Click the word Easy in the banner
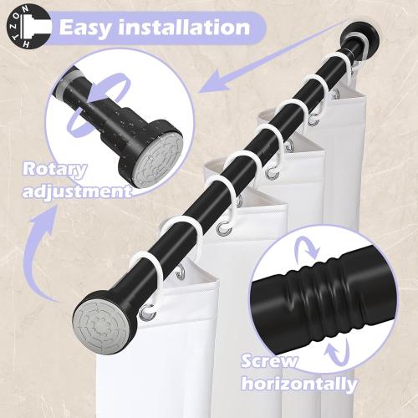87,27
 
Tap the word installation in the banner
186,27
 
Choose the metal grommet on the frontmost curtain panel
148,314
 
